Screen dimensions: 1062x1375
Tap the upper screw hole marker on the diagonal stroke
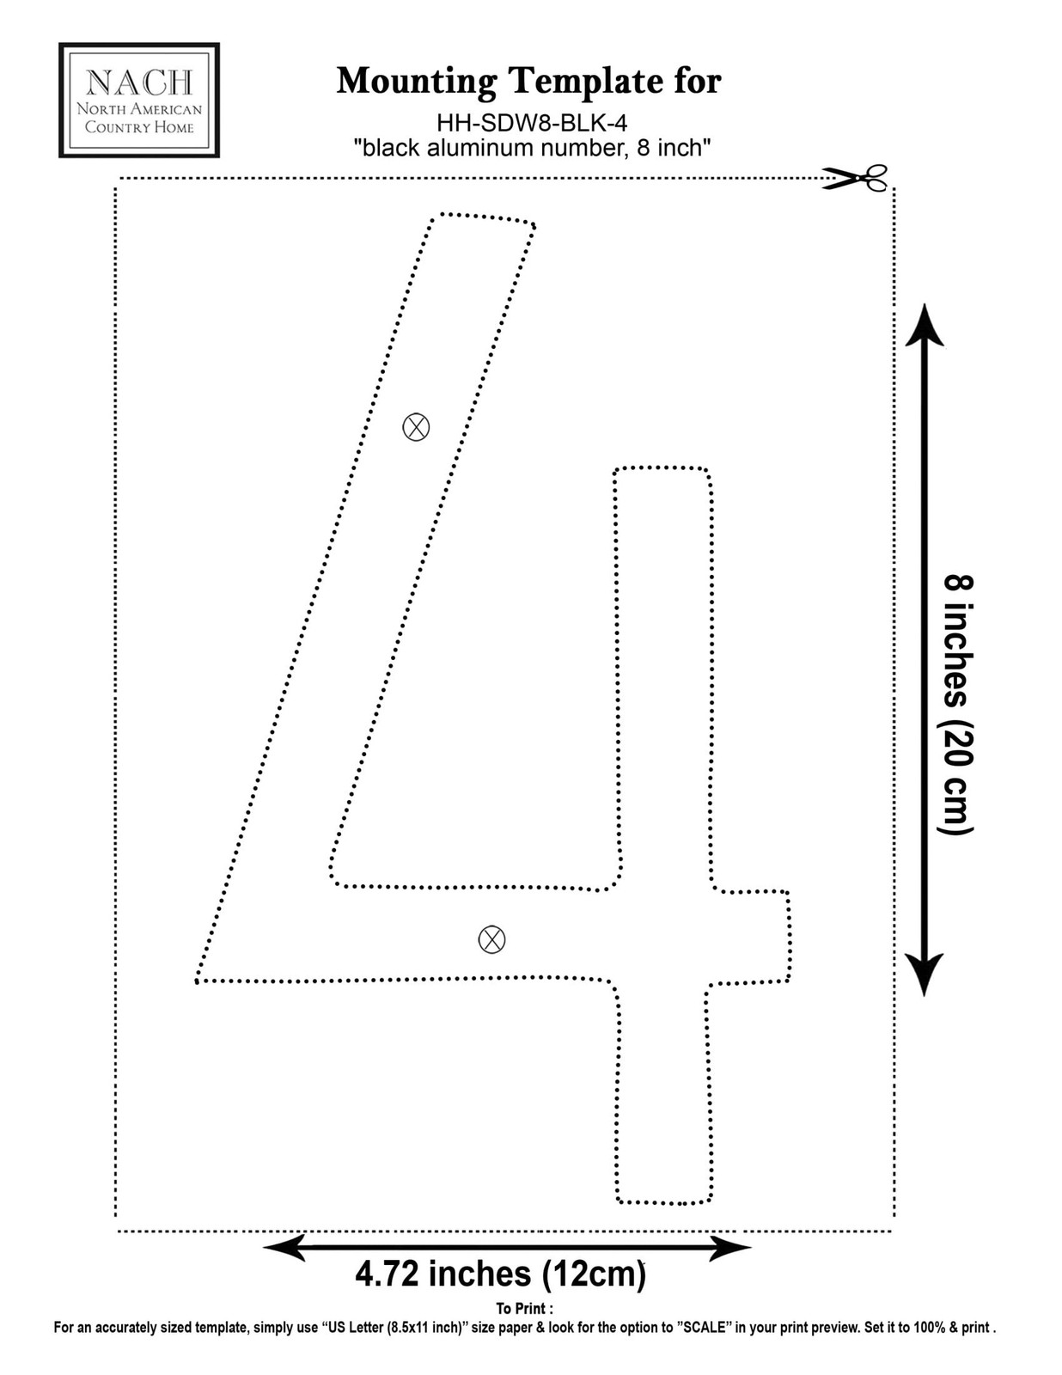point(416,427)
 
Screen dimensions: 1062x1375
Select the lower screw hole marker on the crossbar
point(491,939)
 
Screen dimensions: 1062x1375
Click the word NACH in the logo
point(139,82)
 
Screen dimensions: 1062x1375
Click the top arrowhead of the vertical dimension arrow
point(925,325)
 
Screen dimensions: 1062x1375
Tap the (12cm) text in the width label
point(594,1275)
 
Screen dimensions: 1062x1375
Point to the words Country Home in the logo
point(139,127)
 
